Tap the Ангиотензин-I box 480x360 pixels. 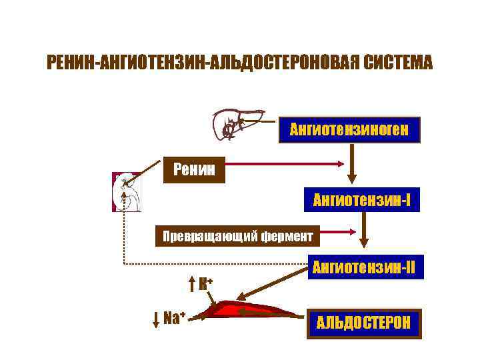[x=361, y=198]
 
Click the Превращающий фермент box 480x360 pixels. [x=237, y=235]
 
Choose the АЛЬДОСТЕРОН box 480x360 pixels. [x=364, y=325]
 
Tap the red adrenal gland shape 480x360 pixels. [x=247, y=311]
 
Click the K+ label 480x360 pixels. [x=205, y=283]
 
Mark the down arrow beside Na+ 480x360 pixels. [x=156, y=318]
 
